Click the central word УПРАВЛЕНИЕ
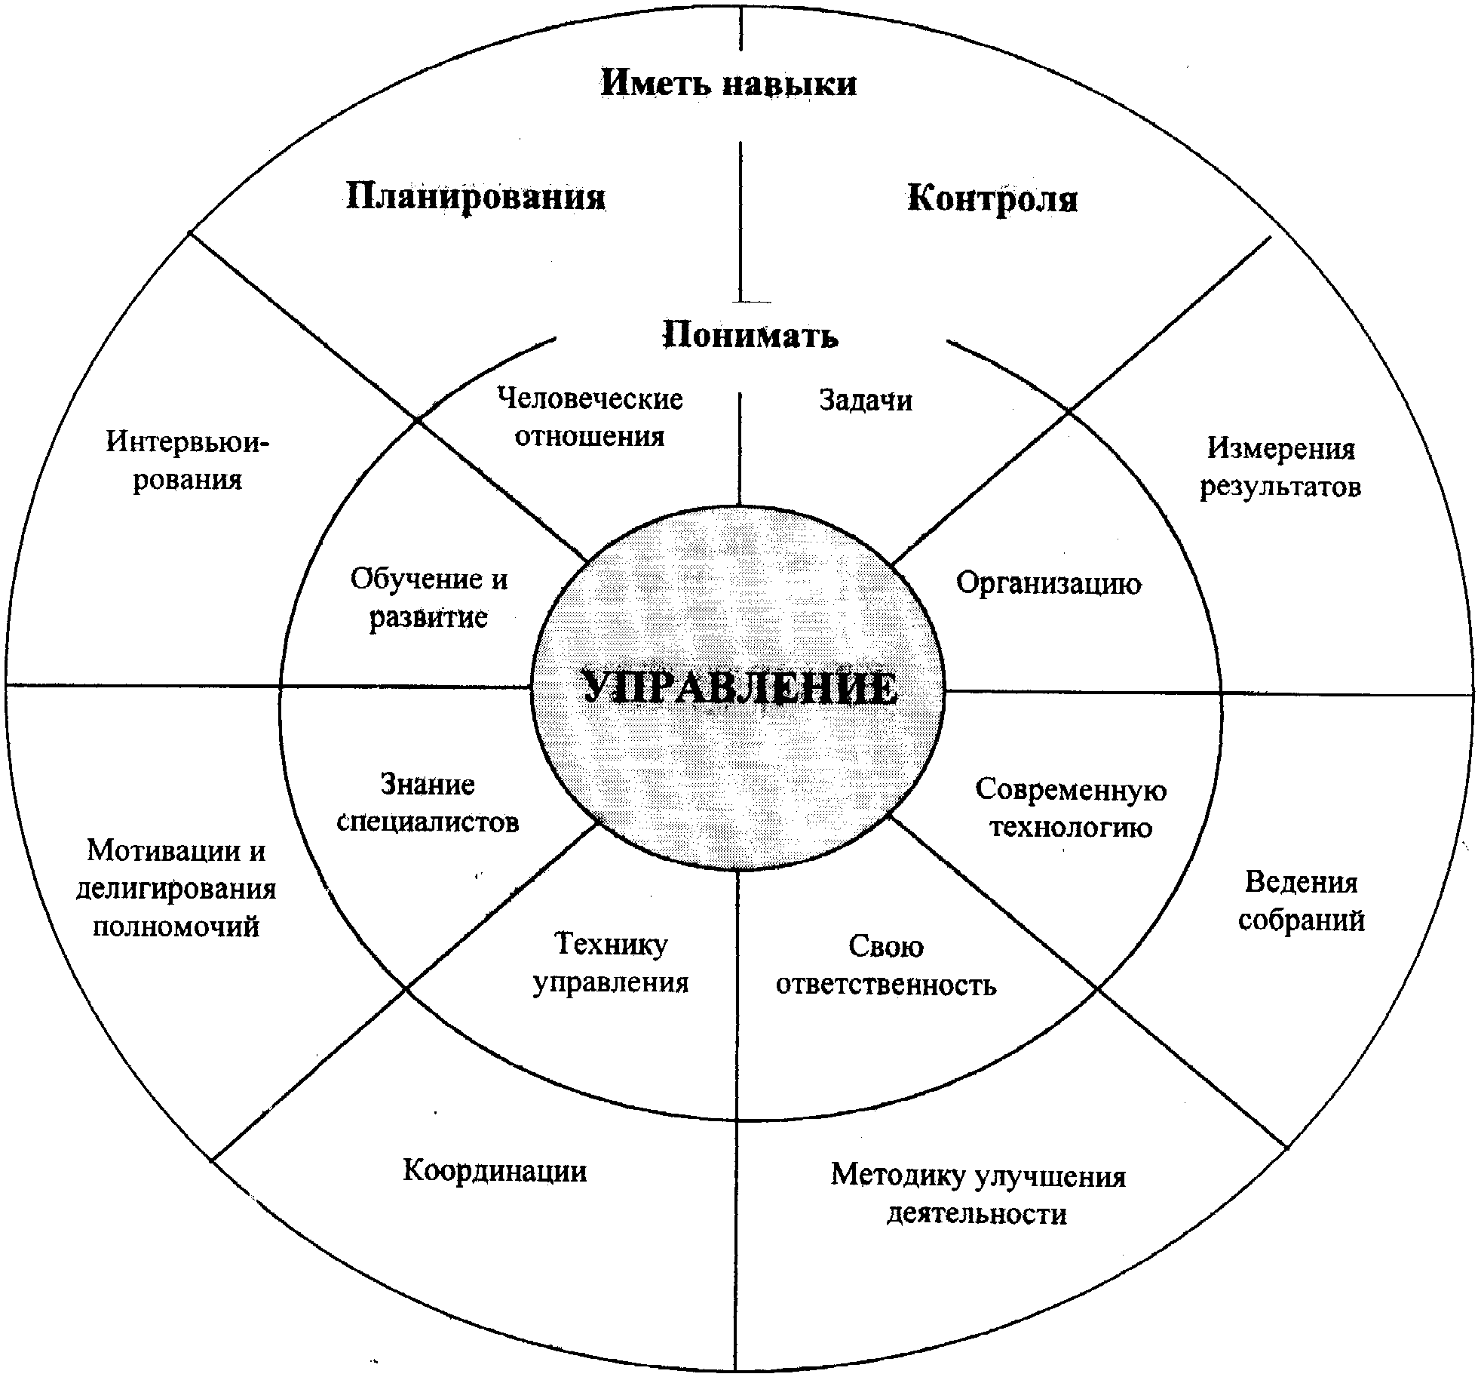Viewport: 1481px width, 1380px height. [x=740, y=687]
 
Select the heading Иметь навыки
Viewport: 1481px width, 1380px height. [x=728, y=82]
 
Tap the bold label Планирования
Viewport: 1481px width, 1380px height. [x=476, y=197]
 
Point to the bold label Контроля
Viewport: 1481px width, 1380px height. [x=992, y=198]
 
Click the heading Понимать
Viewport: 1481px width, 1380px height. [x=750, y=334]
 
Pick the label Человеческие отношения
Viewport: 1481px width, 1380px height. [x=590, y=417]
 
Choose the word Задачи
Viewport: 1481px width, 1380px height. [x=866, y=400]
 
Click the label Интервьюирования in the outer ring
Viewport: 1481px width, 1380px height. [x=187, y=459]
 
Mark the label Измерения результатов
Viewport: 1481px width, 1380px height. [x=1280, y=468]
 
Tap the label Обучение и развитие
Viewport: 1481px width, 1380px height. [x=429, y=598]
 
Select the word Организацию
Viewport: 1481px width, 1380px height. [x=1048, y=583]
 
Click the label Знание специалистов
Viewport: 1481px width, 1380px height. [x=428, y=803]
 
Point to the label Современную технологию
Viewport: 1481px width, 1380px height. [x=1071, y=808]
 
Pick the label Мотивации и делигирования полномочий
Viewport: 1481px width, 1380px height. [x=176, y=888]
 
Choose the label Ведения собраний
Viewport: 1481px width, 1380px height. [x=1302, y=902]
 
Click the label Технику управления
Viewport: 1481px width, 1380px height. [x=611, y=964]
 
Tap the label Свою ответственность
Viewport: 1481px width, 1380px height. [x=886, y=966]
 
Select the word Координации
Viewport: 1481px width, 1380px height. [x=495, y=1170]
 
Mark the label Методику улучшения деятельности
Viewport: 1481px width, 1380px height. [x=978, y=1195]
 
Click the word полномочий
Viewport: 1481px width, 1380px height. [x=176, y=926]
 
